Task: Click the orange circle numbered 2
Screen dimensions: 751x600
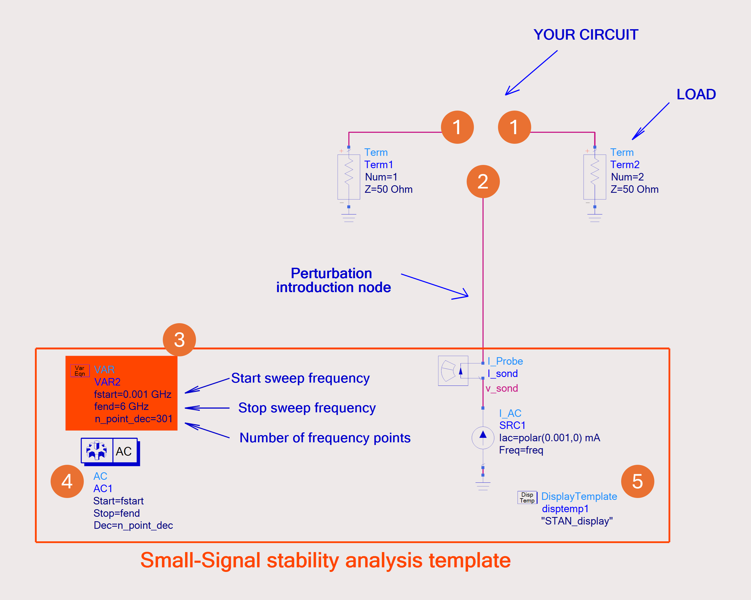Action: point(483,182)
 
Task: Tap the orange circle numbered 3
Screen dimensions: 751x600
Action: point(179,340)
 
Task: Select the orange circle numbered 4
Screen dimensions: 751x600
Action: point(67,481)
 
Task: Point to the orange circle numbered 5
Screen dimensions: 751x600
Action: point(637,481)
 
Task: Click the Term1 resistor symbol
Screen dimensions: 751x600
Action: point(349,177)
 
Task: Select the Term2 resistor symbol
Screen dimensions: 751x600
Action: point(595,177)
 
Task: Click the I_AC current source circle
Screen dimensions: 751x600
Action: point(483,438)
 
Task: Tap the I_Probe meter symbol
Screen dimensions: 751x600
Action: point(453,370)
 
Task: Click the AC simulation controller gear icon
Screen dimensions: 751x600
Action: point(96,451)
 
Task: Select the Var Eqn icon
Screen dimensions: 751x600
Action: point(80,371)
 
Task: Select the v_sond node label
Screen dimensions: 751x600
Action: point(501,388)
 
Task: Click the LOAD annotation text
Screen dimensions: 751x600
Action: point(696,95)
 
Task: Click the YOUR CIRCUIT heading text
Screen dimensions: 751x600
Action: point(586,35)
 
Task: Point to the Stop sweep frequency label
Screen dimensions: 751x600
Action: point(307,408)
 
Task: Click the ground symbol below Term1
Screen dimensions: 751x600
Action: point(349,218)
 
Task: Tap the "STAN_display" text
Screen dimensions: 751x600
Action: point(577,521)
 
